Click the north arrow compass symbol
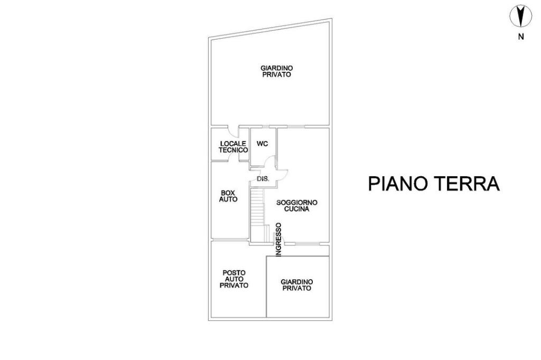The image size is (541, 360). pyautogui.click(x=520, y=16)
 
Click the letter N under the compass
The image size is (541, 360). pyautogui.click(x=521, y=37)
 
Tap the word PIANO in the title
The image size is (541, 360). pyautogui.click(x=397, y=184)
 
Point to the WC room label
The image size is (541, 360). pyautogui.click(x=263, y=144)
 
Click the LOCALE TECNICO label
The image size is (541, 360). pyautogui.click(x=234, y=147)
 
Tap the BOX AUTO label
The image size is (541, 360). pyautogui.click(x=228, y=196)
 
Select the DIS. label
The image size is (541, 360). pyautogui.click(x=263, y=179)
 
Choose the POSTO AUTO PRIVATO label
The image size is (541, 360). pyautogui.click(x=234, y=279)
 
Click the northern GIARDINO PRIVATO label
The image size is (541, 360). pyautogui.click(x=277, y=71)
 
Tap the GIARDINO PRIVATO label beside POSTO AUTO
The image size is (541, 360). pyautogui.click(x=296, y=285)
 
